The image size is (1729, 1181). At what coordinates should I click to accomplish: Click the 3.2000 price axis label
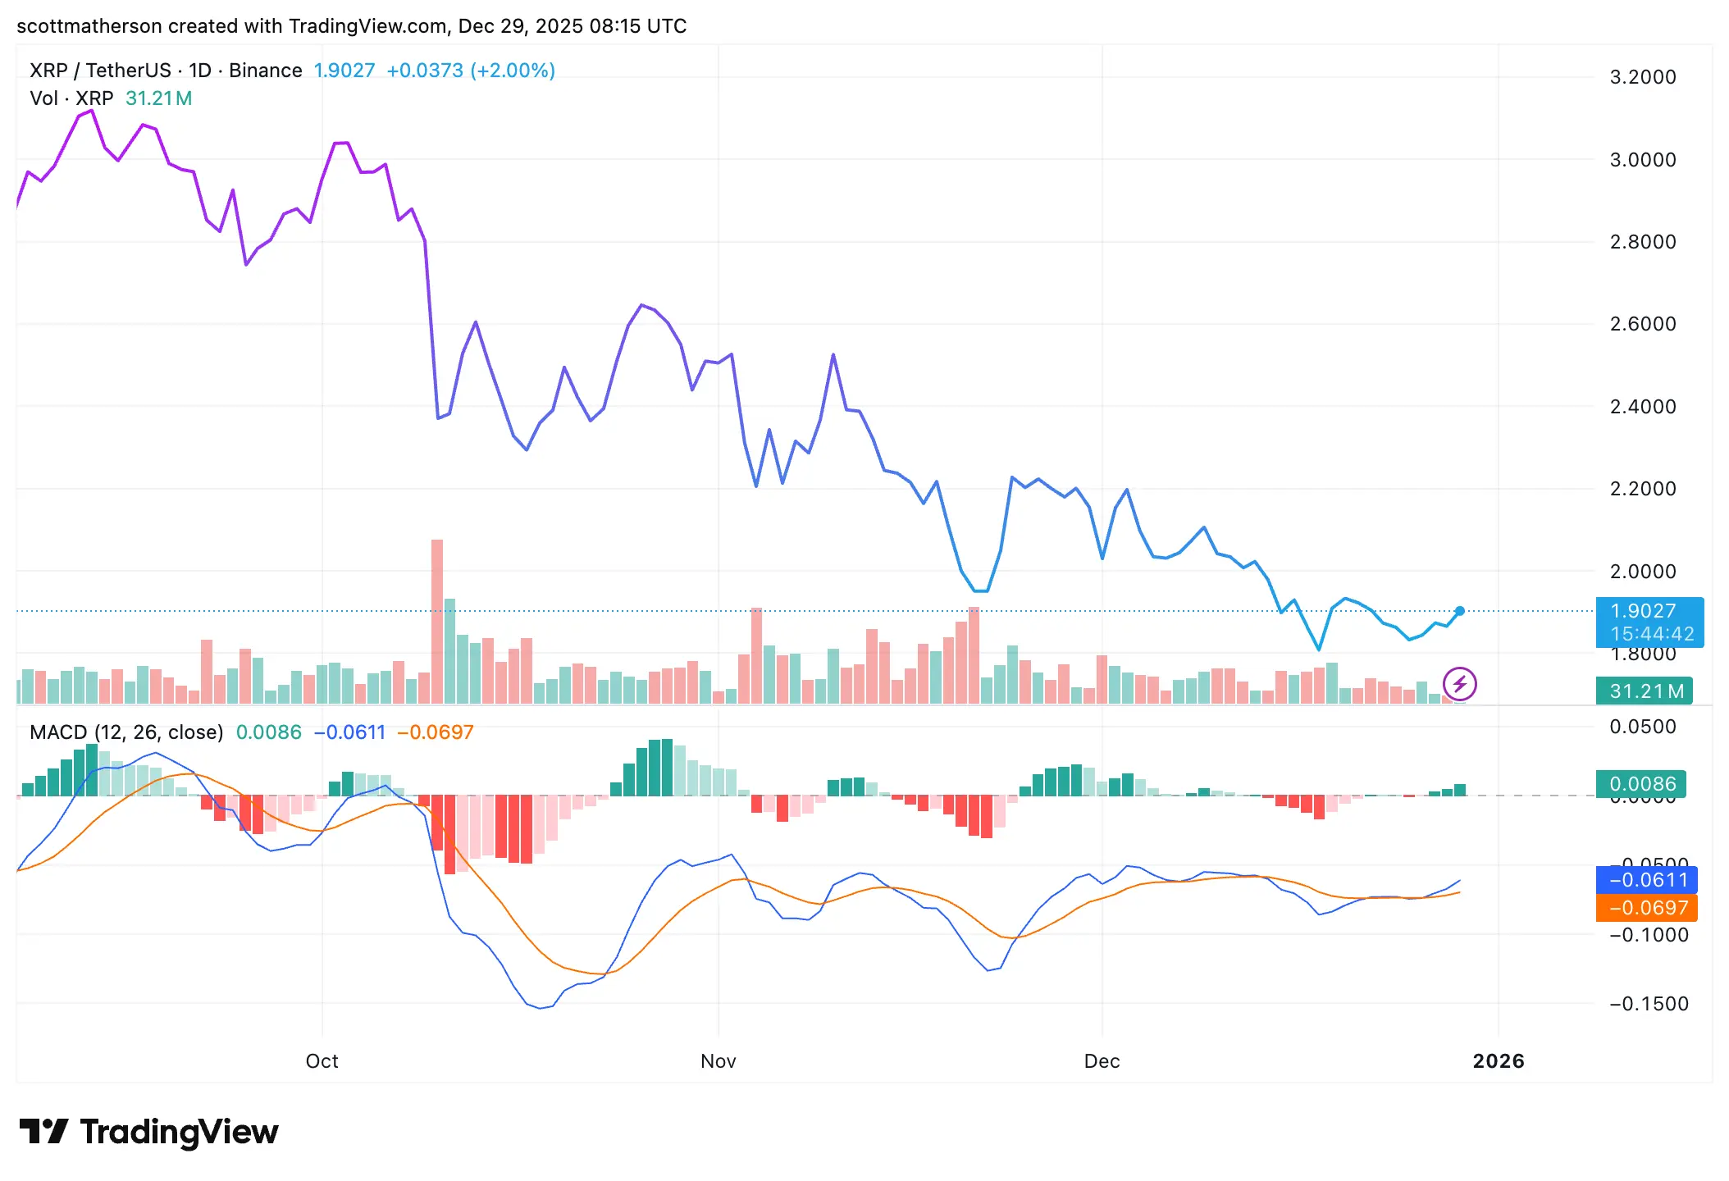point(1642,77)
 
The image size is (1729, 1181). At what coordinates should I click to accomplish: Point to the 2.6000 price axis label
point(1642,324)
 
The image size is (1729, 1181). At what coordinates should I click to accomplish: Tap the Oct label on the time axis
point(322,1061)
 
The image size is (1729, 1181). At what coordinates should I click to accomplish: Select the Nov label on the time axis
point(718,1061)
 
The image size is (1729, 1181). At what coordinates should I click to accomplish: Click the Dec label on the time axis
point(1102,1061)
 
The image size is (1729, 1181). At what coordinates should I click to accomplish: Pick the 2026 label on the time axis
point(1498,1061)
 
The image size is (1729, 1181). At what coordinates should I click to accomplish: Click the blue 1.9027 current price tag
point(1649,622)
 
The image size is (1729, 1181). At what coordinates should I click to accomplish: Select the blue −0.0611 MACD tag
point(1646,880)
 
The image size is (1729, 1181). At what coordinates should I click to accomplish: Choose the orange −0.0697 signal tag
point(1646,908)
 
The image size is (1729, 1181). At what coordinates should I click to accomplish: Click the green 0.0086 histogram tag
point(1640,784)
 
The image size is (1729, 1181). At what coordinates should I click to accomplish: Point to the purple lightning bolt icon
point(1459,684)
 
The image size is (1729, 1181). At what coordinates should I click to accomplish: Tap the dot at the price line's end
point(1460,611)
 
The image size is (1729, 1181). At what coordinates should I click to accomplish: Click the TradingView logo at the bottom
point(148,1132)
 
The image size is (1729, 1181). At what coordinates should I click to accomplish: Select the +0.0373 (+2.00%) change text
point(471,71)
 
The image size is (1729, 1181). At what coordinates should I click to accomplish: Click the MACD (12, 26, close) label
point(126,732)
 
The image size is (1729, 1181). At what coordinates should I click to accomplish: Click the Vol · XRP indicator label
point(71,98)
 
